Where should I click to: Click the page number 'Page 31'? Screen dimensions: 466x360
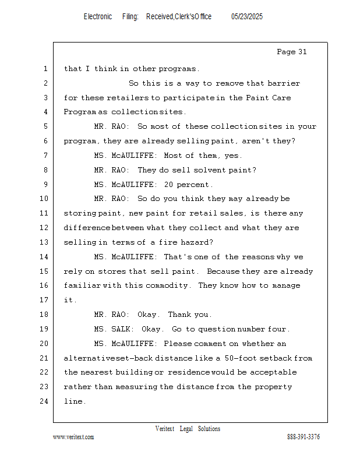click(291, 52)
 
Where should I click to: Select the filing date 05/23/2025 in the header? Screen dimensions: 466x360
click(247, 17)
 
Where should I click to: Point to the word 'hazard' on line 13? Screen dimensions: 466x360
click(198, 242)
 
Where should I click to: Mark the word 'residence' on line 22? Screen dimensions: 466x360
click(190, 372)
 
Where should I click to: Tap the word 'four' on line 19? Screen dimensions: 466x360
click(280, 329)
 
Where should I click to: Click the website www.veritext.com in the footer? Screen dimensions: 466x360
click(73, 437)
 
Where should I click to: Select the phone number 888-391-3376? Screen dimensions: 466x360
click(303, 437)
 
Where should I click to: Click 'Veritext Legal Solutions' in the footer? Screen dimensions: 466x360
click(188, 429)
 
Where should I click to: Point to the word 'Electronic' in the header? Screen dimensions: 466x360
click(98, 17)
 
